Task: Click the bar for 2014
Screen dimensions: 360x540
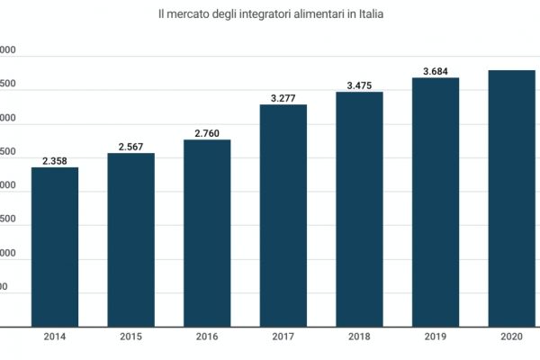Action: [55, 247]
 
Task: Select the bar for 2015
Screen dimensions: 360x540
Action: [131, 239]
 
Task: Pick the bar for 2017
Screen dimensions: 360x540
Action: [283, 215]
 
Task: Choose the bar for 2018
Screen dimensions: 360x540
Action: [360, 209]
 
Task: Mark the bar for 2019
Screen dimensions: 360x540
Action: [436, 202]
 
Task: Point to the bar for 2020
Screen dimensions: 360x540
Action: [511, 198]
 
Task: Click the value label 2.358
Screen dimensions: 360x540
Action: [55, 162]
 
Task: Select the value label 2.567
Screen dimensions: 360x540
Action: [131, 148]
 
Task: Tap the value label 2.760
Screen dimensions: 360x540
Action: [207, 134]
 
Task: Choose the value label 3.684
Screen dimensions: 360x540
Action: [436, 71]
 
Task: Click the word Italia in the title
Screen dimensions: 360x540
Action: [370, 16]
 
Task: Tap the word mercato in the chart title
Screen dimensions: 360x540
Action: [185, 16]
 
